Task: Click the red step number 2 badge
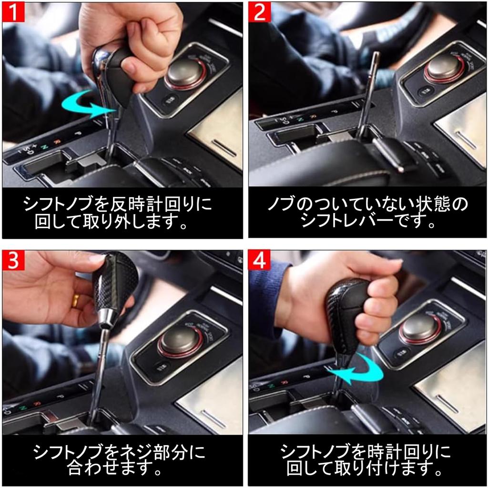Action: pyautogui.click(x=260, y=13)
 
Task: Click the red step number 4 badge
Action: pyautogui.click(x=260, y=261)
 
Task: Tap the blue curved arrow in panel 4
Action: pyautogui.click(x=355, y=370)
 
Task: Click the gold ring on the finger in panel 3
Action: pyautogui.click(x=76, y=300)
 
